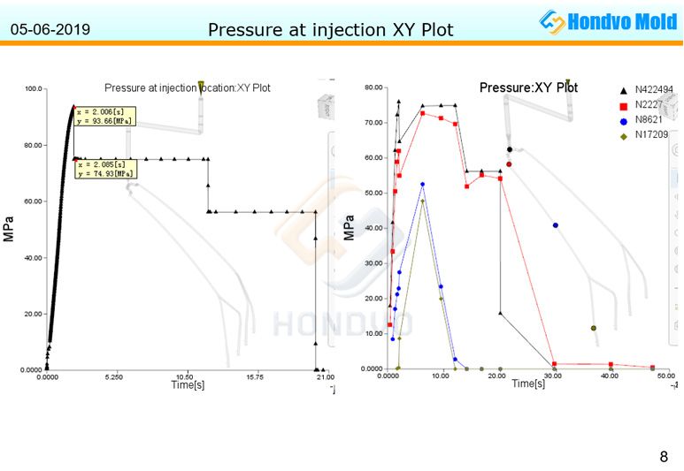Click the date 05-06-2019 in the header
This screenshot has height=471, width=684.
tap(50, 30)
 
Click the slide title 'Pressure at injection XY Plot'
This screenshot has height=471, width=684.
tap(330, 30)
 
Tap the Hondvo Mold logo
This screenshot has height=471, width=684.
tap(609, 22)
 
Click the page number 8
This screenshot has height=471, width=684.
tap(664, 457)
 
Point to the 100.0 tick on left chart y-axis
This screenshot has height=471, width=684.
tap(35, 88)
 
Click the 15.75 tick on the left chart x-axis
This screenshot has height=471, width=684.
tap(254, 376)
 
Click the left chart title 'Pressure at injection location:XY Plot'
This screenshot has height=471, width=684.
tap(188, 87)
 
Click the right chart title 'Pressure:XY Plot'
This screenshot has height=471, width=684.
tap(528, 87)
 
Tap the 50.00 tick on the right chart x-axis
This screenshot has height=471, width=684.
tap(665, 376)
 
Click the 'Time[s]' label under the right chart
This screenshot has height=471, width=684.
tap(528, 384)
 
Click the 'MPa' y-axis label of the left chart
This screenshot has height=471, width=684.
tap(9, 229)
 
